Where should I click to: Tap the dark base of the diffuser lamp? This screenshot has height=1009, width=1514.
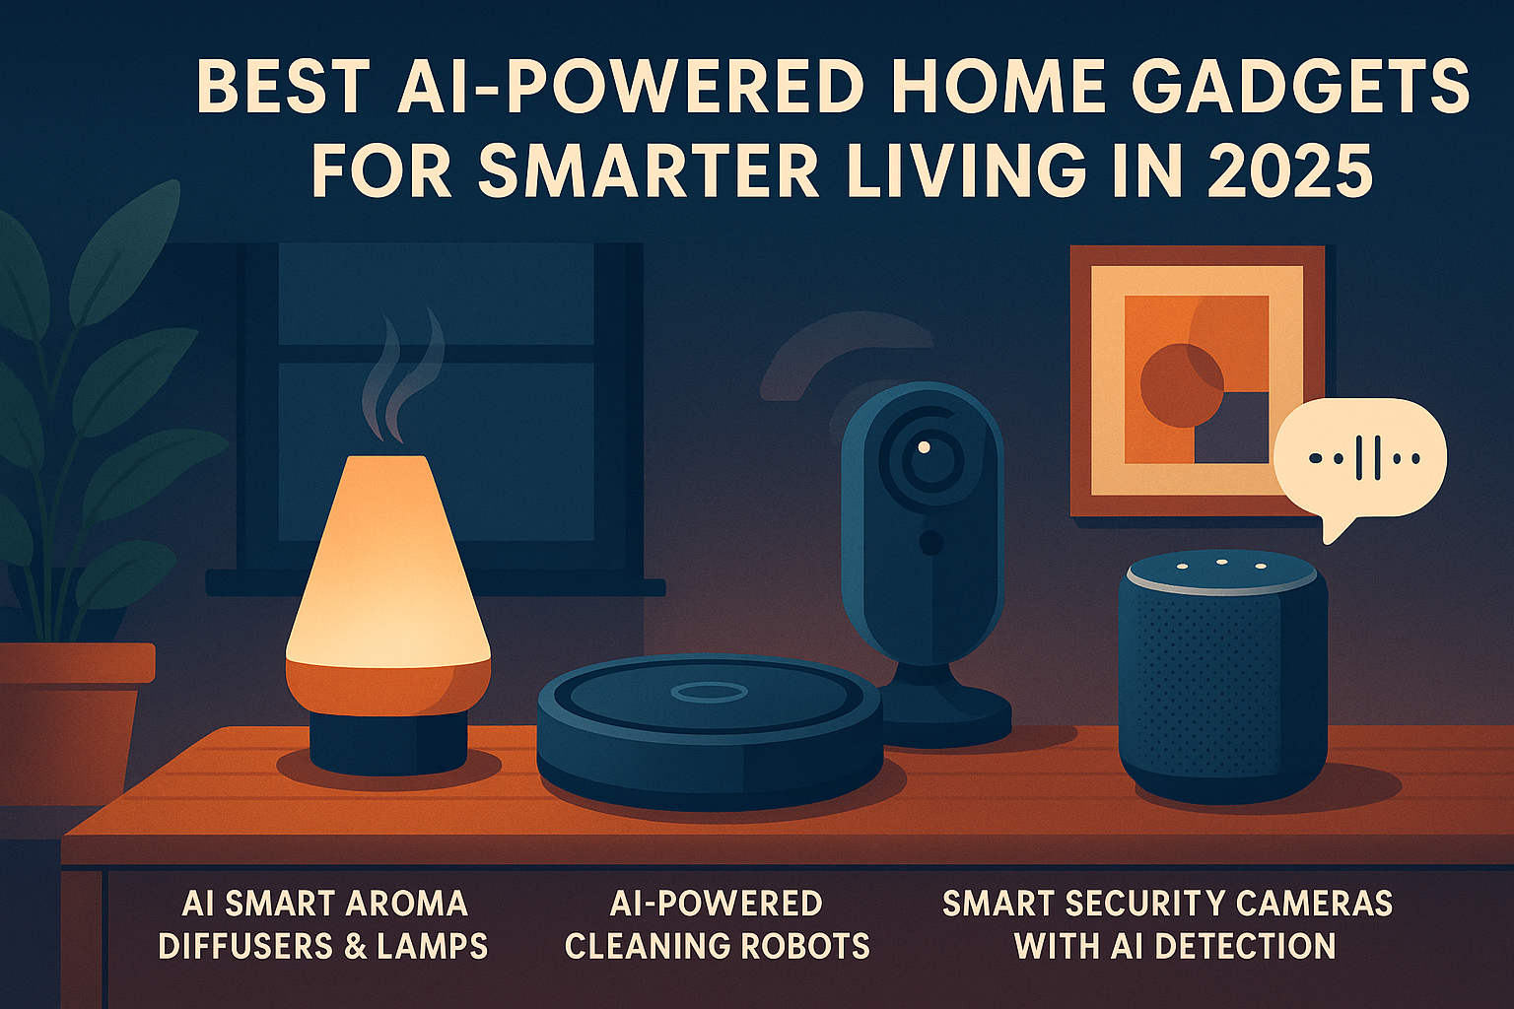[388, 742]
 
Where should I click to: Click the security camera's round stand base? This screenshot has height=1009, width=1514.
[945, 717]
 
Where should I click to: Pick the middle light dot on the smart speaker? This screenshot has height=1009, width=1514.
[1221, 562]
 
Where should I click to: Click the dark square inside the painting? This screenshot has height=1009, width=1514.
[1231, 428]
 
